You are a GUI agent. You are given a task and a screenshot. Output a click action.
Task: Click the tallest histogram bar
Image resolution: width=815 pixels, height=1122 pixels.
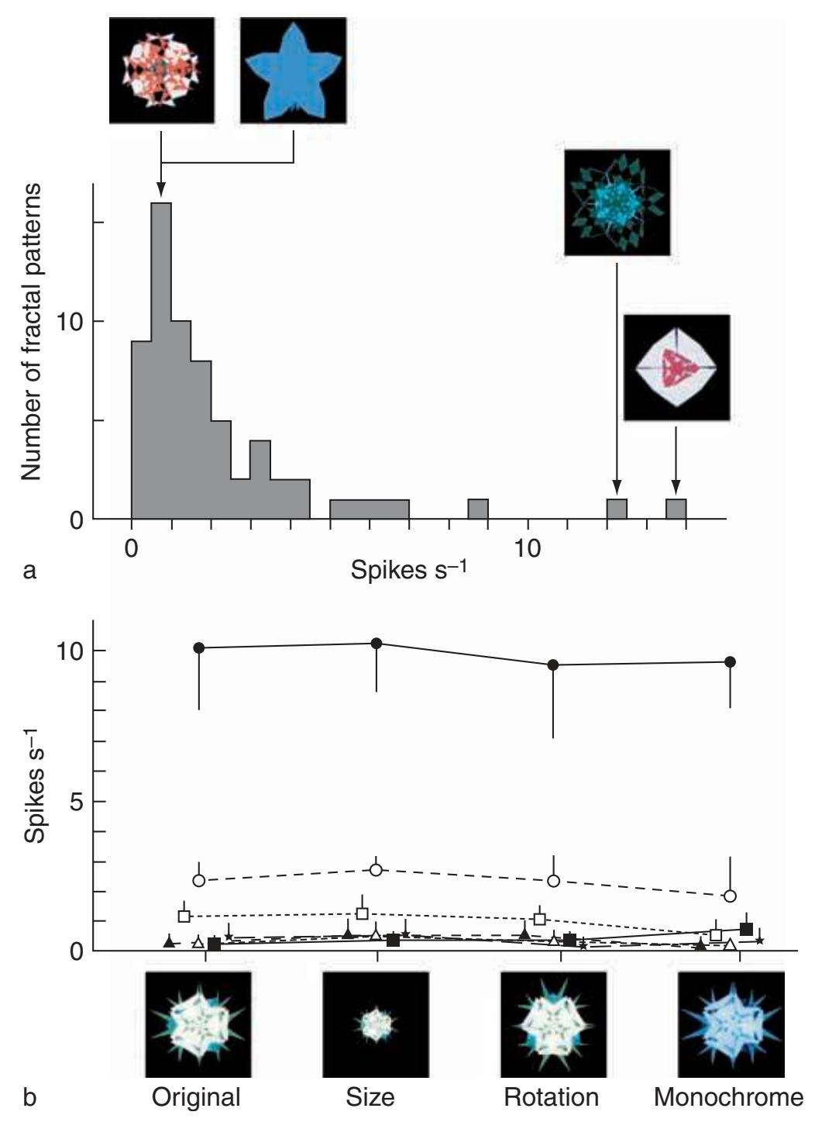click(161, 361)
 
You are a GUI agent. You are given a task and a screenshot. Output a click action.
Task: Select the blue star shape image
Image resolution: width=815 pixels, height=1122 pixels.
click(294, 71)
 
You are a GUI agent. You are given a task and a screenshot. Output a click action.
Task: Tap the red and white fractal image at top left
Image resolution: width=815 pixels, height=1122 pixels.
click(161, 71)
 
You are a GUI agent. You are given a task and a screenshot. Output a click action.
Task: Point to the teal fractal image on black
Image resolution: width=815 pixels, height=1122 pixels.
click(617, 202)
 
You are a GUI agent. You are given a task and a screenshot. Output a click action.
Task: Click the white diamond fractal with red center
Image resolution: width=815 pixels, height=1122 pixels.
click(676, 368)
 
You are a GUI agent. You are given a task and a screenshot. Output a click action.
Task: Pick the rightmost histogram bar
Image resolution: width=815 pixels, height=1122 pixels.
click(676, 509)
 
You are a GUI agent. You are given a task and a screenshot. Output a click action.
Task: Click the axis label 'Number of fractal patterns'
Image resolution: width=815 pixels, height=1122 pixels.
click(32, 332)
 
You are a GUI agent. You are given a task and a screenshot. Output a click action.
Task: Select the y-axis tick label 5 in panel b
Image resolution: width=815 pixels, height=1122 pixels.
click(75, 801)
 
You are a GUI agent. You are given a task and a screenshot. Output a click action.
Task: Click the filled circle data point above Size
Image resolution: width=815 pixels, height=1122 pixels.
click(377, 643)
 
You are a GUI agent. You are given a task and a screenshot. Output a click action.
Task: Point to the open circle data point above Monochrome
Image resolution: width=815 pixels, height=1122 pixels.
click(730, 896)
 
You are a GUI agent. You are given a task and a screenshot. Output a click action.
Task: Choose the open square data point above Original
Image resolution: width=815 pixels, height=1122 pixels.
click(184, 916)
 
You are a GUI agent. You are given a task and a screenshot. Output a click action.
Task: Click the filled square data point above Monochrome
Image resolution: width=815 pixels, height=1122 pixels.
click(746, 929)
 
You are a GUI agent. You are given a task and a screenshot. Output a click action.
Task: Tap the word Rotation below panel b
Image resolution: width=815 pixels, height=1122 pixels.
click(551, 1097)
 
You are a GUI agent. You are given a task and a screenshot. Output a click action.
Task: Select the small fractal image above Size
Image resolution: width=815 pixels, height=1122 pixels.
click(376, 1024)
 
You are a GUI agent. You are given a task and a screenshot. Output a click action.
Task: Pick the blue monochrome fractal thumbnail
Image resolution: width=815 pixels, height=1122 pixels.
click(731, 1024)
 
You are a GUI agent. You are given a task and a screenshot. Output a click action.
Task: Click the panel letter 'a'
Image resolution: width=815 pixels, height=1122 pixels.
click(29, 571)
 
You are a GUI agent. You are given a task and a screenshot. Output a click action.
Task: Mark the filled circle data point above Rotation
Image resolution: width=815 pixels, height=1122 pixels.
click(553, 665)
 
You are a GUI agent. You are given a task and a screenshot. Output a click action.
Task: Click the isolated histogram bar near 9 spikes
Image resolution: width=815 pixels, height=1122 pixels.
click(478, 509)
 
